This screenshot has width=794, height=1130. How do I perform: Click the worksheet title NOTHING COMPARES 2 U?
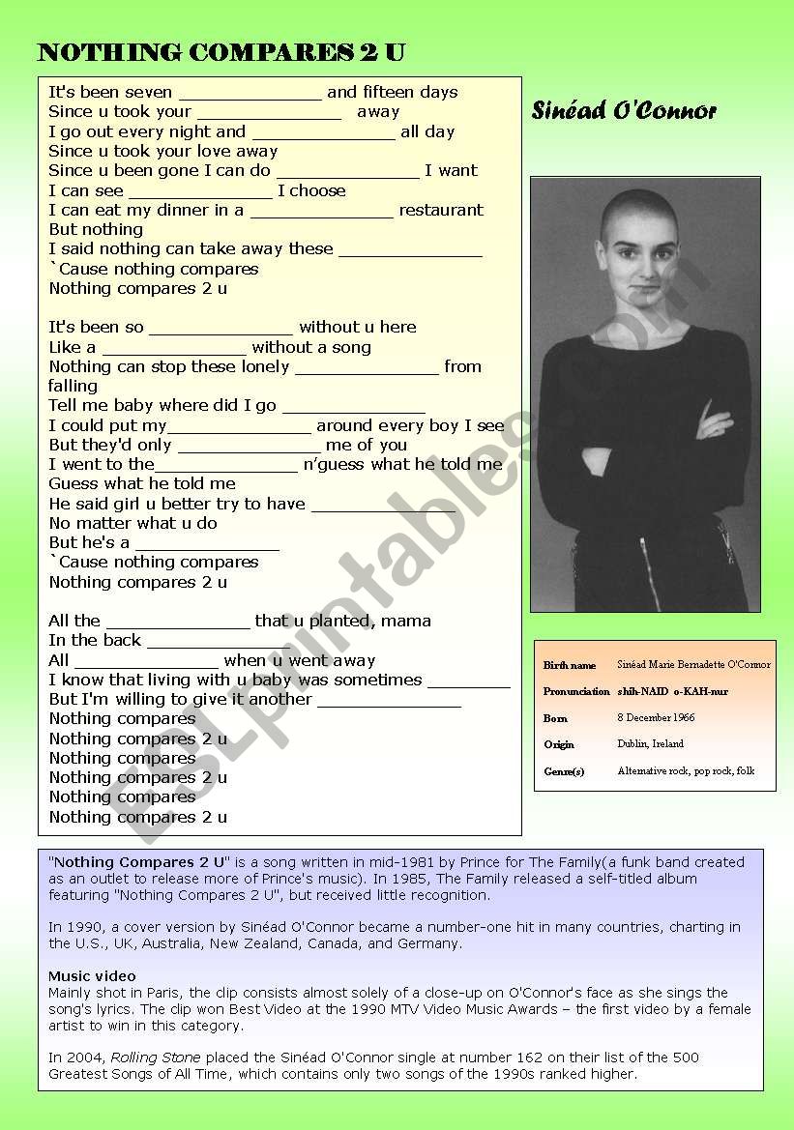point(221,53)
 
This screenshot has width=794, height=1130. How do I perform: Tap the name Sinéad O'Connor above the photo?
point(624,111)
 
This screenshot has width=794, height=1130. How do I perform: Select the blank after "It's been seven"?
point(250,94)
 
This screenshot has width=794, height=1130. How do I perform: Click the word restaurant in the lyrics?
point(441,210)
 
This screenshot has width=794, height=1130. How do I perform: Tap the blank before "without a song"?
point(174,348)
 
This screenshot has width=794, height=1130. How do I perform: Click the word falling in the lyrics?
point(74,386)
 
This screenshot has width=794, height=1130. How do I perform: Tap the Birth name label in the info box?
point(570,665)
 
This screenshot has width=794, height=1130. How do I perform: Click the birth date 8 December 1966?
point(656,717)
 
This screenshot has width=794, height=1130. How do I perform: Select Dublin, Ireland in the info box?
point(650,743)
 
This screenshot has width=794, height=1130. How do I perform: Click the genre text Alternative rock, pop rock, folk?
point(686,770)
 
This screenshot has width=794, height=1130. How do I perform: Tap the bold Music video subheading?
point(92,976)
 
